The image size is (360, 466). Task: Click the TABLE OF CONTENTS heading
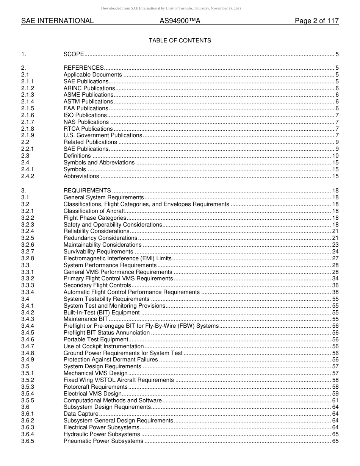point(180,41)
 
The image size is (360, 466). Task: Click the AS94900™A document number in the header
point(180,21)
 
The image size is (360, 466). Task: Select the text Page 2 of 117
point(316,21)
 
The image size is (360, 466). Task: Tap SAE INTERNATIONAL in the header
point(57,21)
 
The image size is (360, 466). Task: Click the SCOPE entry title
point(74,55)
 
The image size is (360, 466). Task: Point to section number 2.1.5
point(28,108)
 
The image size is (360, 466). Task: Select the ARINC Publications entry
point(89,88)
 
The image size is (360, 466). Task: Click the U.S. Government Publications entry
point(103,135)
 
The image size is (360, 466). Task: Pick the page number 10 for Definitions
point(335,156)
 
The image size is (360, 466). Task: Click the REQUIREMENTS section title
point(87,191)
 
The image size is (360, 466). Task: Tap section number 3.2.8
point(28,258)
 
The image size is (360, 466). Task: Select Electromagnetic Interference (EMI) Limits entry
point(117,258)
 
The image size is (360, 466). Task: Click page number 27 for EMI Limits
point(335,258)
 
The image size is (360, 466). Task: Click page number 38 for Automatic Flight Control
point(335,292)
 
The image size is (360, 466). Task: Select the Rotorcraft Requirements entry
point(95,387)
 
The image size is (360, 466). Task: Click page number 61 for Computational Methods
point(335,400)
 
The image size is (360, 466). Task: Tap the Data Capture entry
point(81,414)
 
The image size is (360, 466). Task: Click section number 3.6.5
point(28,441)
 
